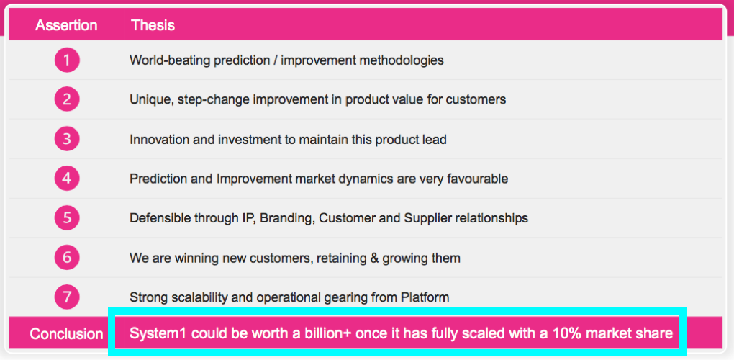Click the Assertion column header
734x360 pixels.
66,24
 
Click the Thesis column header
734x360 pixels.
153,24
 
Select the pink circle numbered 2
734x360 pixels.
67,99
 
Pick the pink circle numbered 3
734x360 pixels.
67,139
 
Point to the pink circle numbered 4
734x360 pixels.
67,179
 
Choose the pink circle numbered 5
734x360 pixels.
67,217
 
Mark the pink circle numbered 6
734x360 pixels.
67,258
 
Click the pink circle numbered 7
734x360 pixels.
67,297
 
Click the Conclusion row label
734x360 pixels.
66,334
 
